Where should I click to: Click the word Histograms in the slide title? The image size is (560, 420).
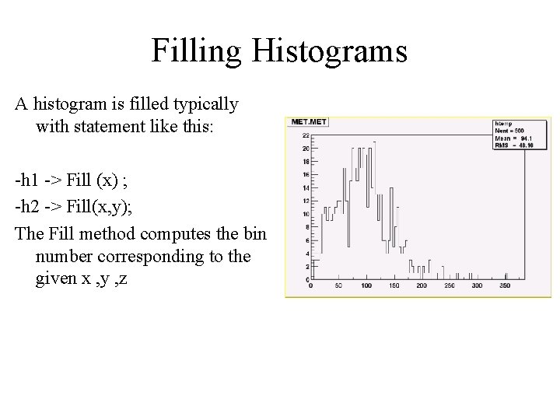pyautogui.click(x=335, y=51)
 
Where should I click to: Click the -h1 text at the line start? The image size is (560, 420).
pyautogui.click(x=26, y=181)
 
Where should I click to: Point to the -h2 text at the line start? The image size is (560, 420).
pyautogui.click(x=26, y=207)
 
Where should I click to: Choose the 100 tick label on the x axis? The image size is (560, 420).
pyautogui.click(x=366, y=286)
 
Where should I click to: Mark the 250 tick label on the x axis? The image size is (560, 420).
pyautogui.click(x=450, y=286)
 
